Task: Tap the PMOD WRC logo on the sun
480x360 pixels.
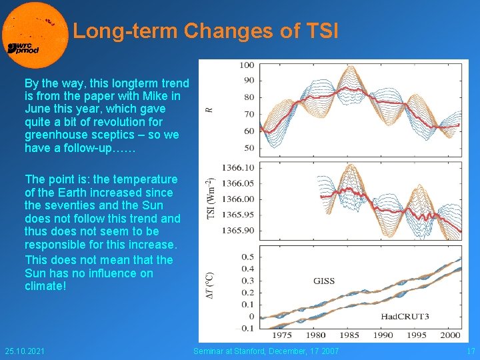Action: point(23,47)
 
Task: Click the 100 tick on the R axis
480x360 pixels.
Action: point(247,65)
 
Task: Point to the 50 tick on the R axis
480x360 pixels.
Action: point(248,147)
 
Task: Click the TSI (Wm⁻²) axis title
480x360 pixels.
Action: point(210,199)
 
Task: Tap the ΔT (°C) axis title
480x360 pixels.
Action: point(210,291)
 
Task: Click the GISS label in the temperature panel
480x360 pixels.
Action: point(324,281)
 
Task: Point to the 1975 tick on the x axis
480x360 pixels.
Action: point(283,335)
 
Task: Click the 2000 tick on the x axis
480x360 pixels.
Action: point(450,335)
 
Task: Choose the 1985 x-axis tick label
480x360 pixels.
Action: point(350,335)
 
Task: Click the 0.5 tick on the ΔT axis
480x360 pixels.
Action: point(247,257)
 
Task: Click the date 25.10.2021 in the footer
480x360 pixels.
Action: point(25,351)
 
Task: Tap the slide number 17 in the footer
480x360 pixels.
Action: point(471,351)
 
